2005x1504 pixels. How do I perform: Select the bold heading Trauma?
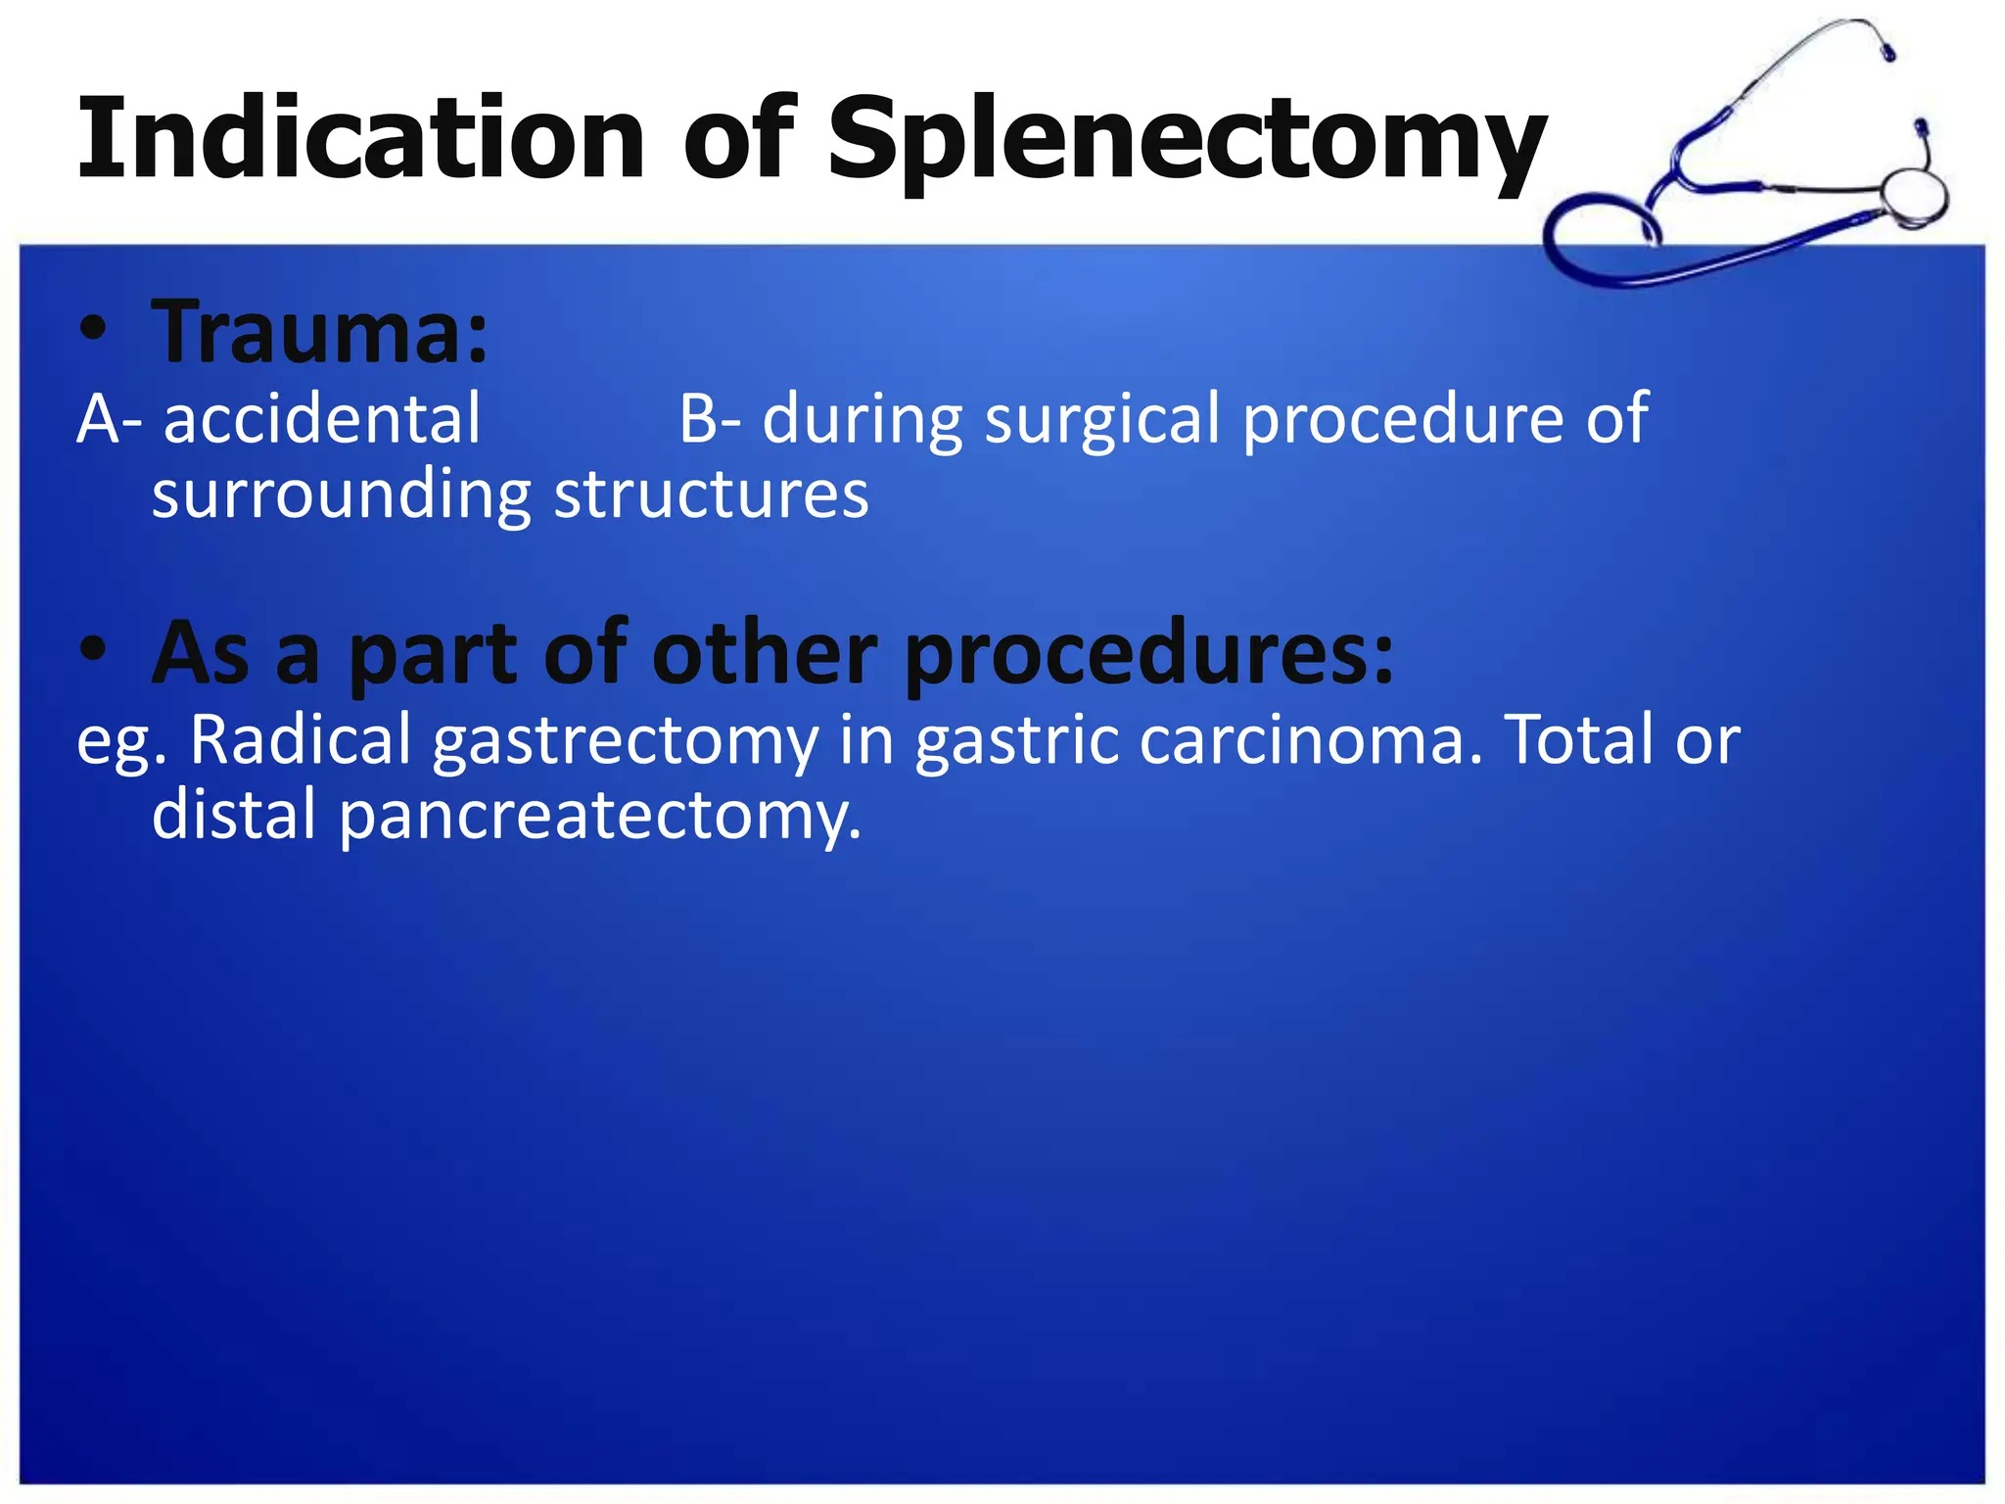319,333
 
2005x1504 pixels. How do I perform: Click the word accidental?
322,419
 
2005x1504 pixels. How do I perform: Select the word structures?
711,494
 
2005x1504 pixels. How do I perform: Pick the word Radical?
301,739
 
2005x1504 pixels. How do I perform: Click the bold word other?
764,652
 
